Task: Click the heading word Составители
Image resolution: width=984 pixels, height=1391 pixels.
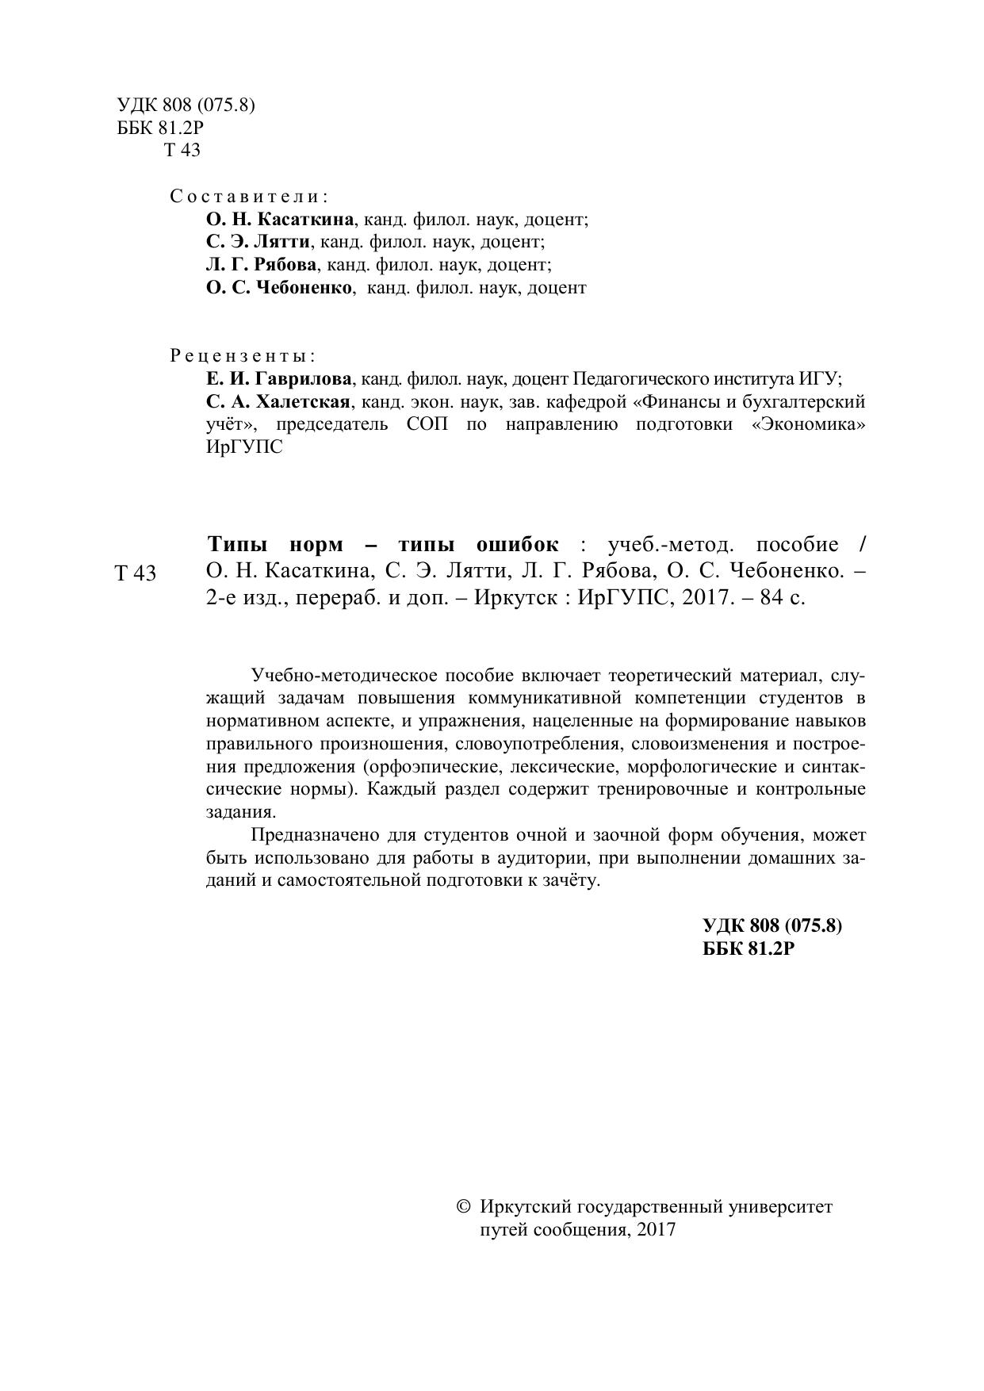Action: [249, 196]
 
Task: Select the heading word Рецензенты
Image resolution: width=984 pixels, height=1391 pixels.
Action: [242, 355]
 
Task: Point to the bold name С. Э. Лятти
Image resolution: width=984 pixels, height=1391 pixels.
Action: [258, 242]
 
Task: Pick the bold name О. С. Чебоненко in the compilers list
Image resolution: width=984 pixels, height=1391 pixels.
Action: [278, 288]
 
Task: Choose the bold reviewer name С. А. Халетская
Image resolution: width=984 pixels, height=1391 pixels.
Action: [278, 401]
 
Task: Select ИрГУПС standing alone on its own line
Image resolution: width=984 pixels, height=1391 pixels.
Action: [243, 447]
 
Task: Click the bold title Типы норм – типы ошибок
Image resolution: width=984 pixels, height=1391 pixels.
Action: [383, 545]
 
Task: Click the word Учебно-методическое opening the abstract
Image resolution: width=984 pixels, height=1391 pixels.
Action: [343, 676]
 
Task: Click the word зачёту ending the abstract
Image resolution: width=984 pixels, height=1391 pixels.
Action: [574, 881]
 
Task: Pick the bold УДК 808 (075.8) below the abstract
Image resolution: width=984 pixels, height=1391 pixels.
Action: [772, 925]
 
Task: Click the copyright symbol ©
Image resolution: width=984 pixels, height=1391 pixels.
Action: [465, 1207]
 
